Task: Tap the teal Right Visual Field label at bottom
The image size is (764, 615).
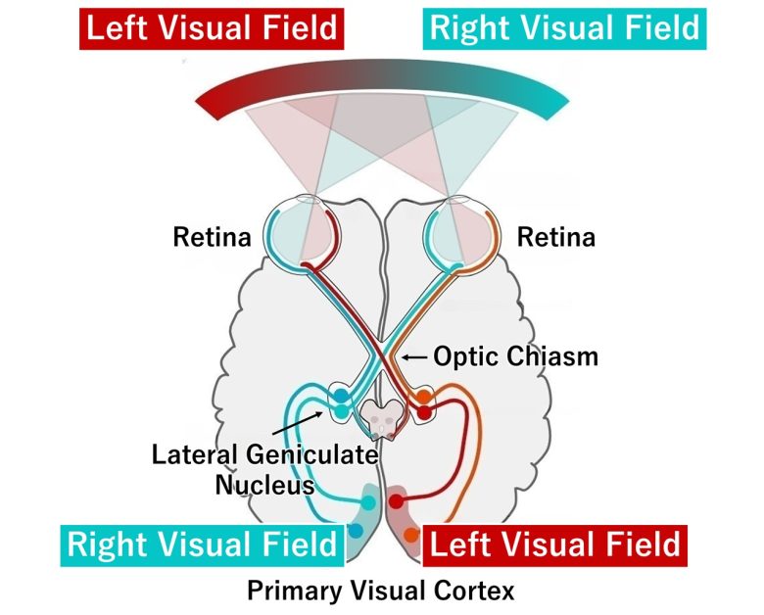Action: [x=202, y=544]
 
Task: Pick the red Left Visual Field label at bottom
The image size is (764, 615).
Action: [x=555, y=544]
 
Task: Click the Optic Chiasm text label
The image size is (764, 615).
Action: [x=514, y=356]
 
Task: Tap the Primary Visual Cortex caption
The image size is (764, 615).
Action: [x=380, y=591]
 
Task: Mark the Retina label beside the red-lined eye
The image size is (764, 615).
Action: [x=211, y=238]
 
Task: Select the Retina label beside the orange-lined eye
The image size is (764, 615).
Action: [x=554, y=238]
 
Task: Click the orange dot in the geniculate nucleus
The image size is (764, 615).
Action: [x=423, y=398]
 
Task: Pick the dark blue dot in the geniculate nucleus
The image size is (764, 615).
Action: [x=339, y=398]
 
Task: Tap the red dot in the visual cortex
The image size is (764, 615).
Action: [x=396, y=501]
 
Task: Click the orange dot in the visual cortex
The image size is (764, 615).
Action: [x=411, y=536]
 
